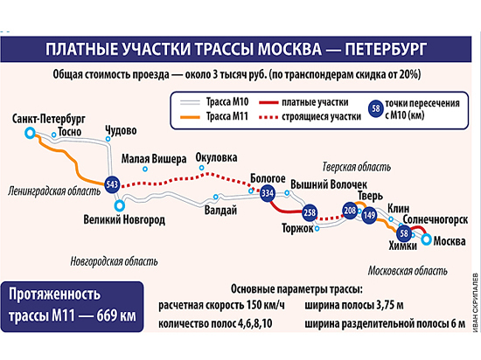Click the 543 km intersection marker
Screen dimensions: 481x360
(112, 184)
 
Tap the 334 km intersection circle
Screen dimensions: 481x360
(268, 193)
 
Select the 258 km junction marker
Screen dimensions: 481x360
(310, 212)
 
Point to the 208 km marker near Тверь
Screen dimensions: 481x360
(350, 211)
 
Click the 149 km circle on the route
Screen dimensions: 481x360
(369, 215)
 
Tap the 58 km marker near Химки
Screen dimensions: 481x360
(404, 233)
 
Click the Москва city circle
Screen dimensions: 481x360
(426, 239)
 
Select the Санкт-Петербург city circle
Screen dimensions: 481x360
(30, 133)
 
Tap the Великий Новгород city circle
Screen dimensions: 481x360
(120, 205)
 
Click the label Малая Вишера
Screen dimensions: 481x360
(154, 159)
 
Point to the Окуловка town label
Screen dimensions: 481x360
(216, 157)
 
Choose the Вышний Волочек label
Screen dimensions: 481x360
(329, 184)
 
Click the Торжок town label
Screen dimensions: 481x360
(297, 229)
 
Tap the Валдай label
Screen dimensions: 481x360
(220, 211)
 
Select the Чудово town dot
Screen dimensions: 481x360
(108, 139)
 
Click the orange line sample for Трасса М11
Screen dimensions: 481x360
(190, 117)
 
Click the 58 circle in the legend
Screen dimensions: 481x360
(376, 108)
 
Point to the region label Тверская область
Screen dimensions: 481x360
(357, 167)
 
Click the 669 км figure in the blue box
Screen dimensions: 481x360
(116, 316)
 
